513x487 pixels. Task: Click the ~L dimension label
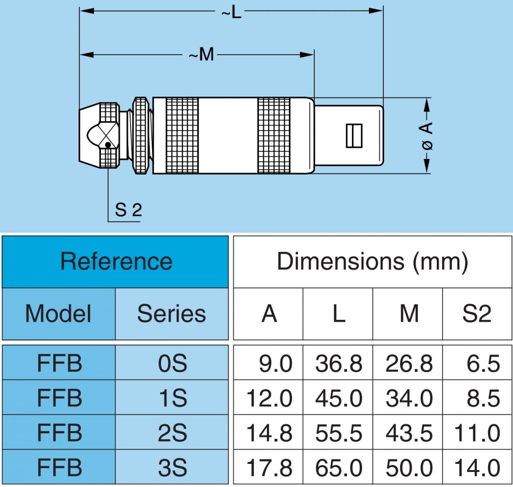(x=231, y=12)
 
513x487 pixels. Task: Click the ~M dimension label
(x=202, y=54)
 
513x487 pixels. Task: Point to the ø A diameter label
(x=427, y=135)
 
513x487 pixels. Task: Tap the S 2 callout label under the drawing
(x=128, y=210)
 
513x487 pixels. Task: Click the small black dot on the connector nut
(x=108, y=144)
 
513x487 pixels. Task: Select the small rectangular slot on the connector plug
(x=354, y=135)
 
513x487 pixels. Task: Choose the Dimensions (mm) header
(x=372, y=261)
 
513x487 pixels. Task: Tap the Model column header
(x=58, y=314)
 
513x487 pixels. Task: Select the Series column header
(x=172, y=314)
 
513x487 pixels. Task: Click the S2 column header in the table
(x=477, y=314)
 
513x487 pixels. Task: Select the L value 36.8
(x=339, y=363)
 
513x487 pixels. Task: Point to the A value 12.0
(x=269, y=398)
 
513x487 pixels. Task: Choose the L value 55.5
(x=339, y=433)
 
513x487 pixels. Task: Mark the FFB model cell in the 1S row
(x=59, y=398)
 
